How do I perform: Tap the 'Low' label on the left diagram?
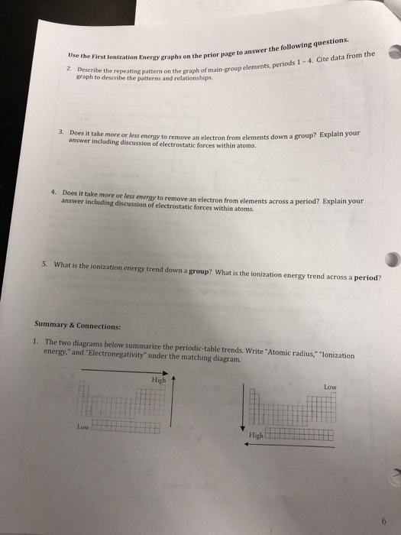82,426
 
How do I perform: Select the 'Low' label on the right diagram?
330,386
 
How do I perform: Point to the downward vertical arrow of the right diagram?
243,409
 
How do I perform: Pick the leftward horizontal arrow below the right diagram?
290,445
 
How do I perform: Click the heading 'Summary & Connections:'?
79,324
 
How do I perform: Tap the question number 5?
46,264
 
